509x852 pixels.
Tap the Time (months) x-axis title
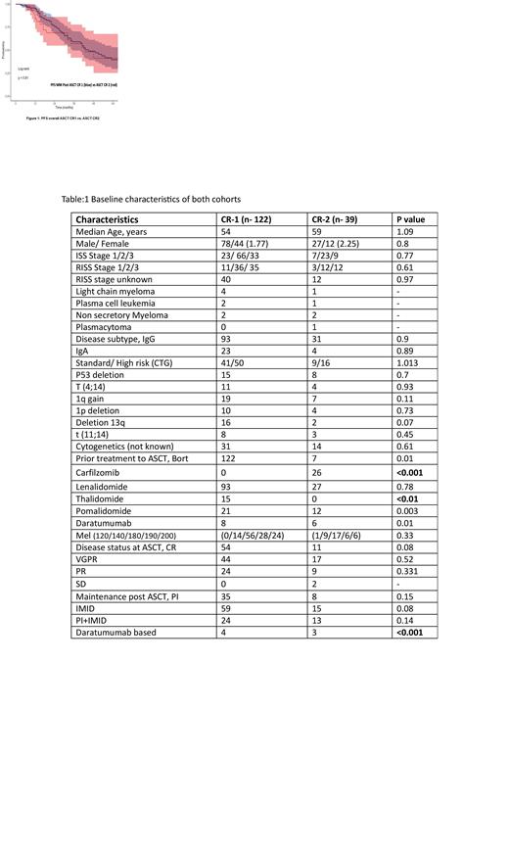pos(66,106)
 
